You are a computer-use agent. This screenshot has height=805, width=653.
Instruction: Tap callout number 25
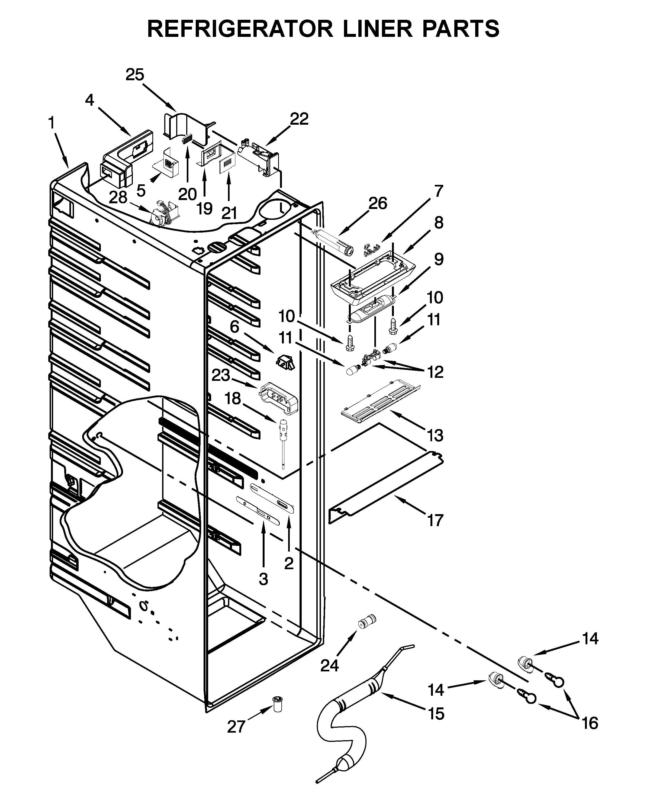pos(135,75)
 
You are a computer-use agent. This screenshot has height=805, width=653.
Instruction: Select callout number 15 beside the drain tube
pos(436,714)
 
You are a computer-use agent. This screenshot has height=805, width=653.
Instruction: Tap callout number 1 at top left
pos(51,123)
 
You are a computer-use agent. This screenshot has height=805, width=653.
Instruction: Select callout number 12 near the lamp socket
pos(435,372)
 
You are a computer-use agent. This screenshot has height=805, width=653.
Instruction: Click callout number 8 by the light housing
pos(439,223)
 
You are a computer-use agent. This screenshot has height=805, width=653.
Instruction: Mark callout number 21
pos(229,213)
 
